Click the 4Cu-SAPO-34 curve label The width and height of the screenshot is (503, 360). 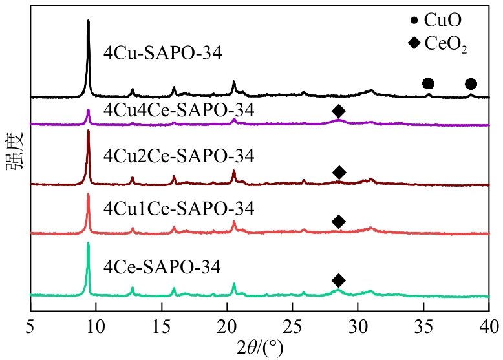163,53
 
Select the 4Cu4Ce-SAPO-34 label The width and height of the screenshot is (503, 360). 178,110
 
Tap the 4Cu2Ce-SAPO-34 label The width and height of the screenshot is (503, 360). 179,156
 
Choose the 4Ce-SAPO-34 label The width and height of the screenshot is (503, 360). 162,266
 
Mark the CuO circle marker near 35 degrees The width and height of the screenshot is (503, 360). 427,83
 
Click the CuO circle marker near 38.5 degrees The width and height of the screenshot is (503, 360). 471,83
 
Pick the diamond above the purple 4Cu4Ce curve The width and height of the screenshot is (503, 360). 338,111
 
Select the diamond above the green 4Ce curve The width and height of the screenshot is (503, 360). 338,280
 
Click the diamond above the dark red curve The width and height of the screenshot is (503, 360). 338,172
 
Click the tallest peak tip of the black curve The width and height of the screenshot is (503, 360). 88,21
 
